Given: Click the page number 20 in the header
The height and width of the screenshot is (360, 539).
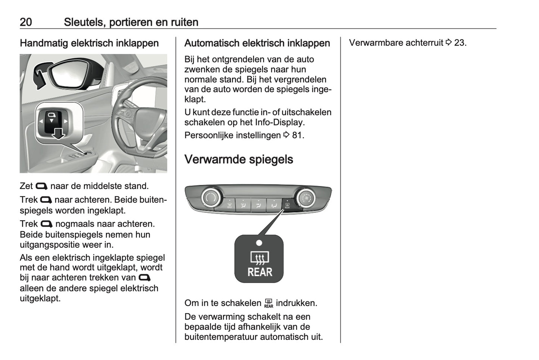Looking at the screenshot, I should pos(26,22).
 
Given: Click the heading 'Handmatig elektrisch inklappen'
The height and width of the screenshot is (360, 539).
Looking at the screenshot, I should pos(89,43).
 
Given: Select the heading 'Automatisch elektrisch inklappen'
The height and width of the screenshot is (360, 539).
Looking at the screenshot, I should pos(257,43).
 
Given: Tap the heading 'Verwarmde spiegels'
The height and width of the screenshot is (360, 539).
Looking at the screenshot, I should pos(239,159).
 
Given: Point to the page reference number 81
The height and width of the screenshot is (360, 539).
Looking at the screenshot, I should pos(298,135).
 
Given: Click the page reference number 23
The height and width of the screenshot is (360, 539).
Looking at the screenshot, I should pos(460,43).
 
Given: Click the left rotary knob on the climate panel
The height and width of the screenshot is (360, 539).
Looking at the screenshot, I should pos(211,198).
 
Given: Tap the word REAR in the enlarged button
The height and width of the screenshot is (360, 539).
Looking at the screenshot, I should pos(260,272).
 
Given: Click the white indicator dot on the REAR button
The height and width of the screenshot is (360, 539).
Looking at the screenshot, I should pos(259,243).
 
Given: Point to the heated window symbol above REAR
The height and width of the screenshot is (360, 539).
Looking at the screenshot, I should pos(259,258).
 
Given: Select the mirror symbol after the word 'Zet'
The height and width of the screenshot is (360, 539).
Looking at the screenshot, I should pos(41,186).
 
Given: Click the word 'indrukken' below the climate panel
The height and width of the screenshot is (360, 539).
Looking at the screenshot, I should pos(296,303).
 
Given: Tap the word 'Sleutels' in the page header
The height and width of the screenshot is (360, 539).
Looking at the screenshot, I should pos(84,22).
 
